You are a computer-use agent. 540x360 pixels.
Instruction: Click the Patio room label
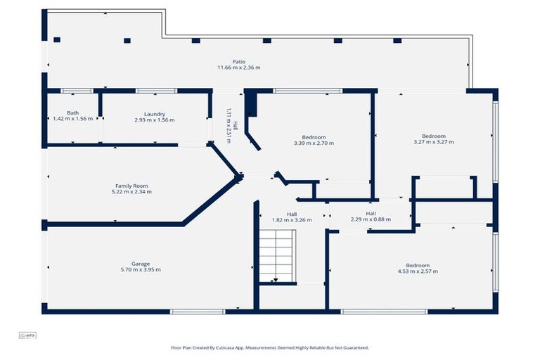tap(239, 61)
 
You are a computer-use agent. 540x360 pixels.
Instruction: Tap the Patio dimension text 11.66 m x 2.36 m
tap(239, 67)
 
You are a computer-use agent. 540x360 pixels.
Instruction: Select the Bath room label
tap(73, 112)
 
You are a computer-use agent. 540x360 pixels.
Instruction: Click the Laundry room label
tap(155, 113)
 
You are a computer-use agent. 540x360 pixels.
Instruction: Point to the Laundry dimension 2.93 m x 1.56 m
tap(155, 120)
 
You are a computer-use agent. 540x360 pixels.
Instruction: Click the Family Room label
tap(132, 185)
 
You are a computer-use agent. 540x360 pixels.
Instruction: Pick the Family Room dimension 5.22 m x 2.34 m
tap(132, 191)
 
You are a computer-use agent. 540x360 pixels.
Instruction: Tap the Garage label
tap(141, 264)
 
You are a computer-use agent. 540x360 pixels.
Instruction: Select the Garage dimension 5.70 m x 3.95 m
tap(141, 270)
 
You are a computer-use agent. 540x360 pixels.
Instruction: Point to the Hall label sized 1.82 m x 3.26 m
tap(292, 214)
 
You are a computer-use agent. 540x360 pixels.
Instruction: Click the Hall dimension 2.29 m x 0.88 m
tap(371, 219)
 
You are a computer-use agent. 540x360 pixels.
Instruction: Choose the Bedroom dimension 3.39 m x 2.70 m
tap(314, 143)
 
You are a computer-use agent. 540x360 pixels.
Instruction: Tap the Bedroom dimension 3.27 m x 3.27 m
tap(434, 142)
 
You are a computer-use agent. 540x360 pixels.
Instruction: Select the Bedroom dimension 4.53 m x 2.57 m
tap(418, 271)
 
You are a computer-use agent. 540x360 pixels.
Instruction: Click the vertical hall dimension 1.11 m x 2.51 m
tap(229, 125)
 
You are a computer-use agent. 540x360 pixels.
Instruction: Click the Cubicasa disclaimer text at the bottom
tap(270, 347)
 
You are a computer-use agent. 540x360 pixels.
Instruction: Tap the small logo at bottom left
tap(27, 335)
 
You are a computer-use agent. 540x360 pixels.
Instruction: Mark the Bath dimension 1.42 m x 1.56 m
tap(73, 119)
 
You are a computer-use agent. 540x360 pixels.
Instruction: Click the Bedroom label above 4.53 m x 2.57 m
tap(418, 265)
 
